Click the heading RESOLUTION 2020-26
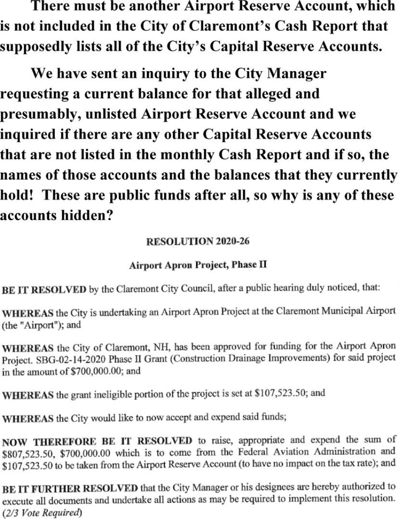tap(196, 242)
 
